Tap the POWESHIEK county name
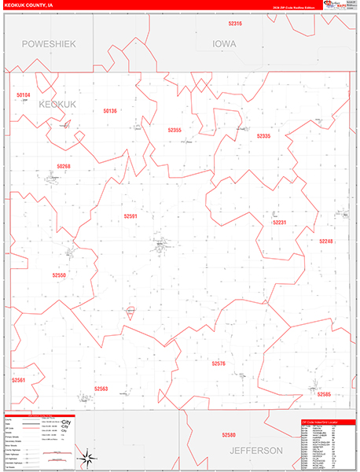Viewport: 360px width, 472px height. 49,44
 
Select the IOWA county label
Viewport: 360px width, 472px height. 224,44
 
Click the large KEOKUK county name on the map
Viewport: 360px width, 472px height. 57,104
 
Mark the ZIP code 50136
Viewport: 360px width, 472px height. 109,111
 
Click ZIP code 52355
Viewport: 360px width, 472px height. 174,130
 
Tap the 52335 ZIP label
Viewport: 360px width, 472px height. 263,136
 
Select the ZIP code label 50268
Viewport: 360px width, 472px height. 64,167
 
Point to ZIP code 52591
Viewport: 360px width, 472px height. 130,216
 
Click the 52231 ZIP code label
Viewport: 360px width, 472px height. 280,223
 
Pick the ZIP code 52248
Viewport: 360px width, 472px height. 326,242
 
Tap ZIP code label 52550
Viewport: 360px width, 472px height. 60,275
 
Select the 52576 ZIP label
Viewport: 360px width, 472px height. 219,363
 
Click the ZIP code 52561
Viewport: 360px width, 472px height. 19,380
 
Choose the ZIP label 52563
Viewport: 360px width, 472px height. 101,389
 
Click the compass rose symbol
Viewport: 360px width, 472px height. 89,456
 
